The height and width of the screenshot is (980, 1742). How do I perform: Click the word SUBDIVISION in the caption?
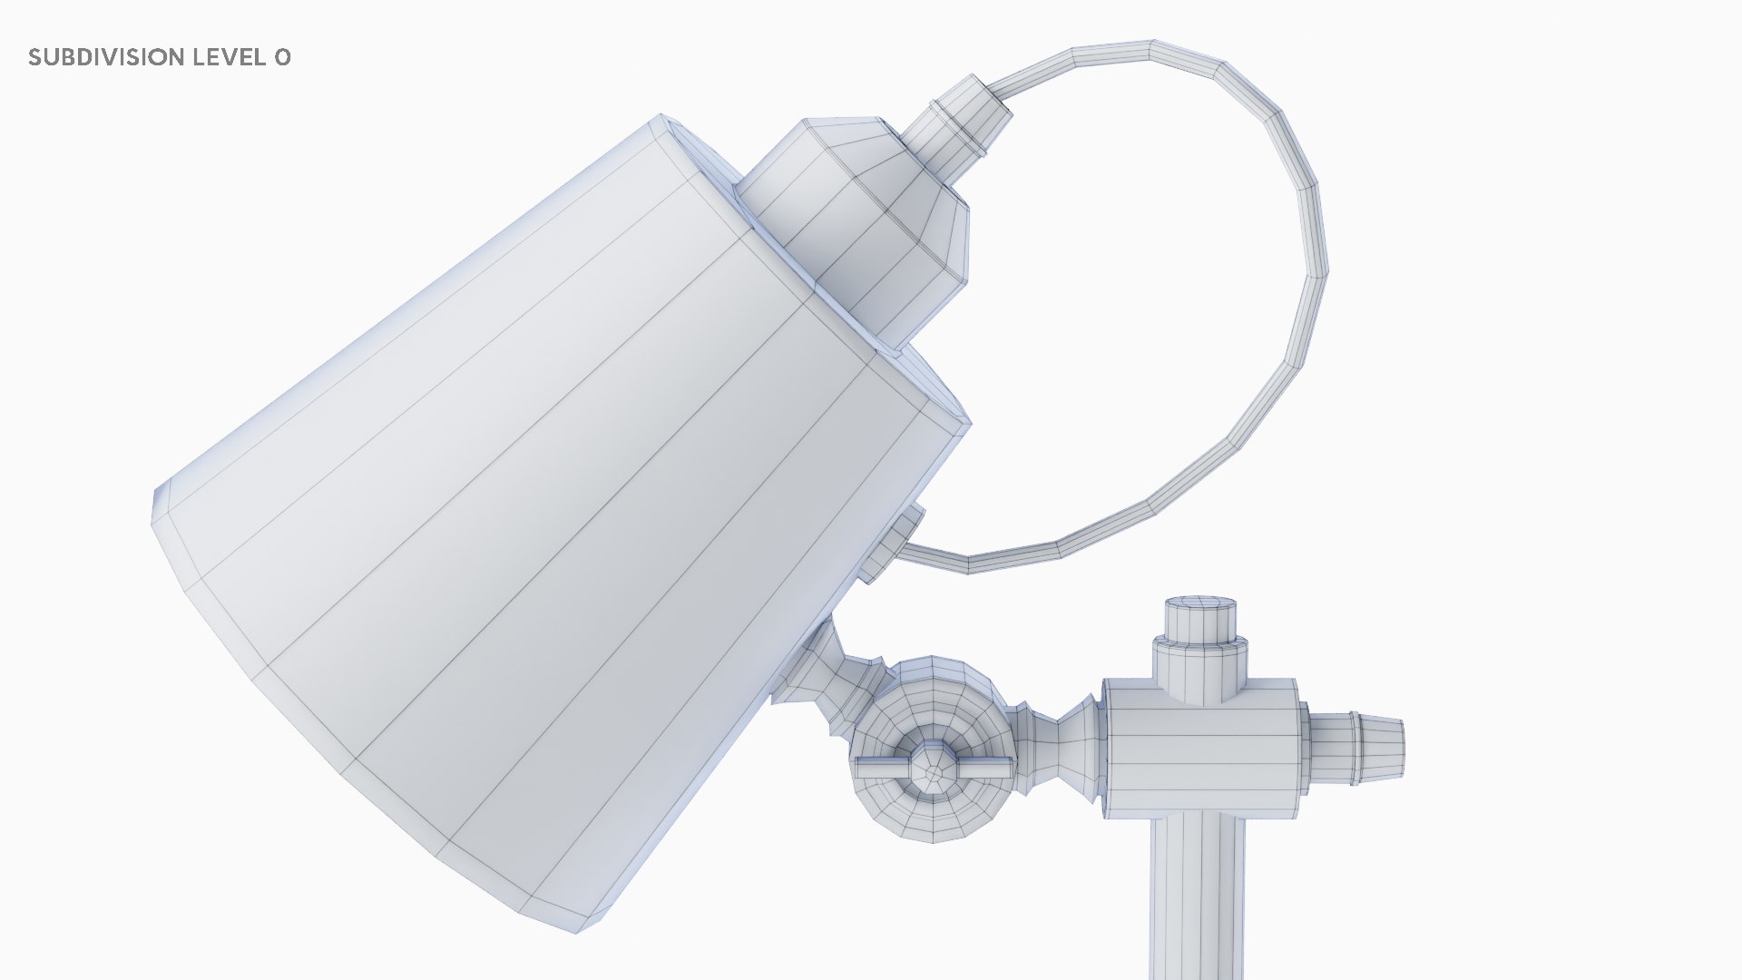tap(105, 57)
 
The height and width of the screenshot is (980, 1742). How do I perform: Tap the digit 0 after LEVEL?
tap(282, 57)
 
